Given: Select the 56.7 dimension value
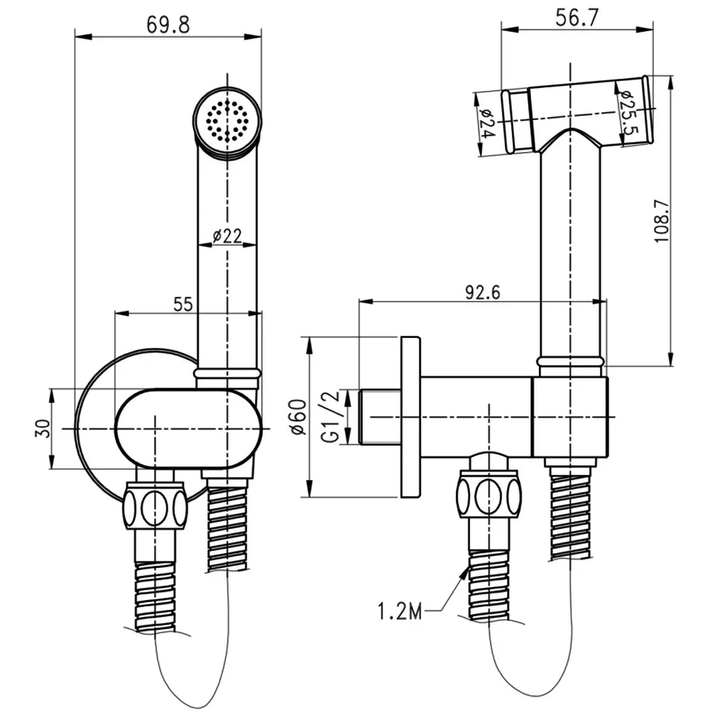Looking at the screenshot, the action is coord(577,18).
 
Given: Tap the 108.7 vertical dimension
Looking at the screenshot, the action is coord(662,221).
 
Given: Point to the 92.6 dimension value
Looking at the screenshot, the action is coord(483,293).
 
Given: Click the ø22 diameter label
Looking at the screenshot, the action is coord(227,236).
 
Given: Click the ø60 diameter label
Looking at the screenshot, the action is coord(298,417).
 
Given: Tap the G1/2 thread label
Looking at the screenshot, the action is coord(332,417).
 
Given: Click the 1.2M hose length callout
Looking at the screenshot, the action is coord(400,612).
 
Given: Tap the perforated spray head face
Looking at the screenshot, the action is coord(228,120).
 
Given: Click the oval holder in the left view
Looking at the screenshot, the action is coord(190,428).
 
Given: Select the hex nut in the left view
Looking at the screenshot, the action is coord(155,506).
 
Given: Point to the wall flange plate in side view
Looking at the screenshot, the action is coord(410,417).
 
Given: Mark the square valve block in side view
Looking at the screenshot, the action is coord(569,417).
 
